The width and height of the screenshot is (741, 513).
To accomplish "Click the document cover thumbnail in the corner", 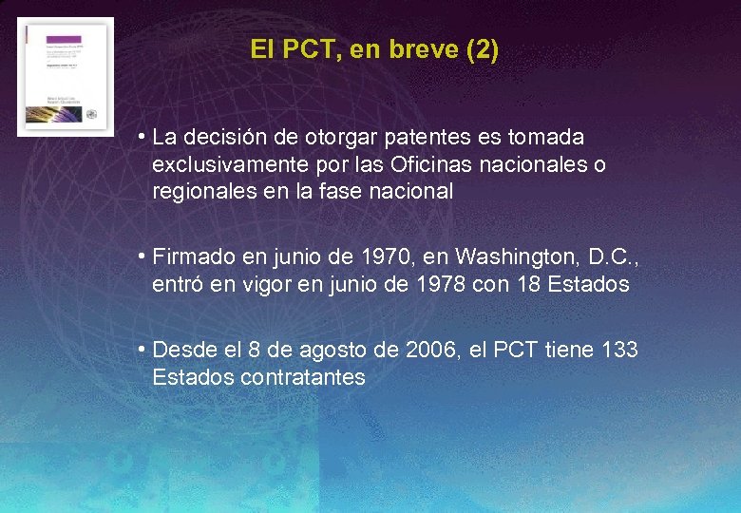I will click(65, 77).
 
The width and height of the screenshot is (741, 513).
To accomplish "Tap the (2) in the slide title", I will click(482, 49).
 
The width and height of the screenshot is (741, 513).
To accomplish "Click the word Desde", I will click(184, 351).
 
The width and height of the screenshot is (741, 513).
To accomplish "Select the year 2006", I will click(430, 351).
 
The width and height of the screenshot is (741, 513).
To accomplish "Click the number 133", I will click(619, 351).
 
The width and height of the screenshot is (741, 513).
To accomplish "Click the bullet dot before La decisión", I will click(140, 139).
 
